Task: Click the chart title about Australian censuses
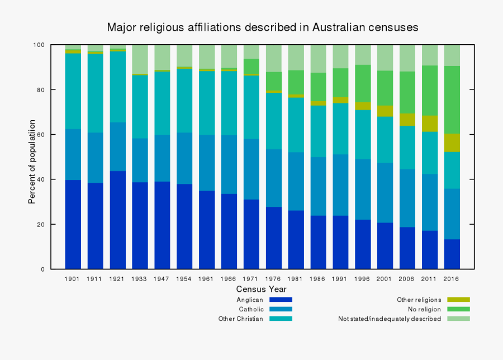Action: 263,27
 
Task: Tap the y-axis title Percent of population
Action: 32,162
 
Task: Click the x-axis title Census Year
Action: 261,289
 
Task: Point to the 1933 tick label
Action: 140,278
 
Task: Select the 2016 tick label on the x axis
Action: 452,278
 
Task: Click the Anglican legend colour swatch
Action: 281,300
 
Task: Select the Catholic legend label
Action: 251,309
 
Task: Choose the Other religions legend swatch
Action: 459,300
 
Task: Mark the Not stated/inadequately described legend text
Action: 390,319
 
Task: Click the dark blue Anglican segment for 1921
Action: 117,220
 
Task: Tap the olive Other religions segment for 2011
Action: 429,124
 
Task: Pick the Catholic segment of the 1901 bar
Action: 73,154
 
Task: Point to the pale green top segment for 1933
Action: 140,59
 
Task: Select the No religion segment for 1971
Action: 251,66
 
